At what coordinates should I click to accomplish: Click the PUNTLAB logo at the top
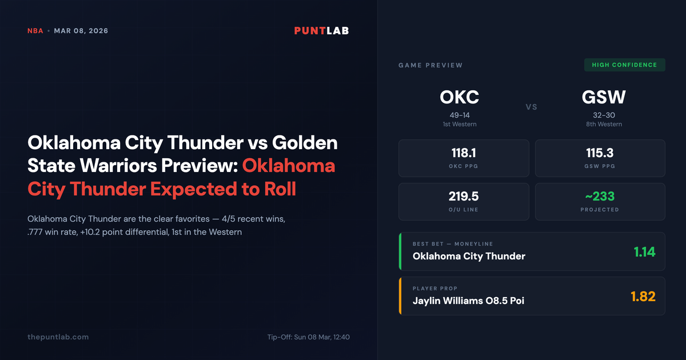click(321, 31)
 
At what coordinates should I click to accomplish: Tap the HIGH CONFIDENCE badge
click(624, 65)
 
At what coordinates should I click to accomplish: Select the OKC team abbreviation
click(459, 97)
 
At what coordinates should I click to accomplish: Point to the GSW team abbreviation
click(604, 97)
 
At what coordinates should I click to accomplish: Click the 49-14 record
click(459, 115)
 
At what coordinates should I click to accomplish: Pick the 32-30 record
click(604, 115)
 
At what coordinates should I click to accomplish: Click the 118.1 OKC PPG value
click(463, 153)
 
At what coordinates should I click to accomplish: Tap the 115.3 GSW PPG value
click(600, 153)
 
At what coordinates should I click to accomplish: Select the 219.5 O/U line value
click(463, 197)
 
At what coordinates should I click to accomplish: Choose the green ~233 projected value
click(600, 197)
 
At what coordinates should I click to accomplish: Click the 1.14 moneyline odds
click(644, 251)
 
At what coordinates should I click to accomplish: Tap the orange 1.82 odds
click(643, 296)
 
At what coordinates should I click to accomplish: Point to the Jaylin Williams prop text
click(468, 301)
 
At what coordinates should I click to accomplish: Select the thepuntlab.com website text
click(58, 337)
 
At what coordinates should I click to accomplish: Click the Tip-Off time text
click(308, 337)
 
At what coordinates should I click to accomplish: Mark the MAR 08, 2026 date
click(81, 31)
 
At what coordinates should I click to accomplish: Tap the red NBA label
click(35, 31)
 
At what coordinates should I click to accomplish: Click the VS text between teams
click(531, 107)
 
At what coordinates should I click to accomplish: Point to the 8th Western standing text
click(604, 124)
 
